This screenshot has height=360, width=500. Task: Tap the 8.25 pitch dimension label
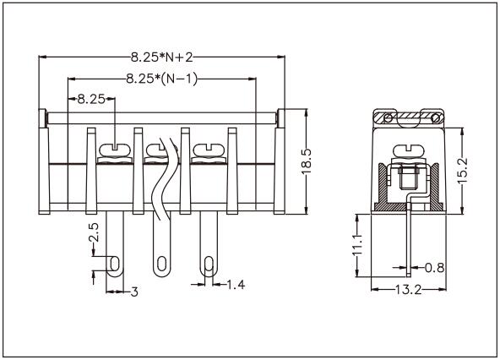pos(90,99)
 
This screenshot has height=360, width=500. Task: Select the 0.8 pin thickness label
pos(434,268)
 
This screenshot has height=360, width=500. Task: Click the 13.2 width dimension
pos(409,290)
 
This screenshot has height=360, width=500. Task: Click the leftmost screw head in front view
pos(112,152)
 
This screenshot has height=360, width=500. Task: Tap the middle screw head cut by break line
pos(158,152)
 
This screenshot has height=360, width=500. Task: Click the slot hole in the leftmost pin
pos(112,265)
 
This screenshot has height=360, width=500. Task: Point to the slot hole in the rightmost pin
pos(205,265)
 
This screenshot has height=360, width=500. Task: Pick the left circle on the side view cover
pos(388,117)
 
